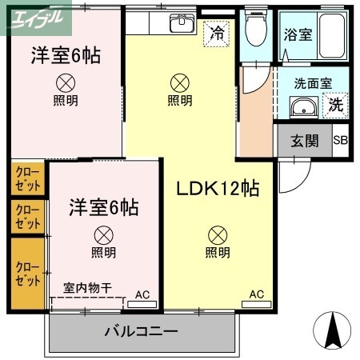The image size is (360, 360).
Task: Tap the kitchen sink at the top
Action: click(x=182, y=23)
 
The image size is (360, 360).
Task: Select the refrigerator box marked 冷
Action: click(x=217, y=34)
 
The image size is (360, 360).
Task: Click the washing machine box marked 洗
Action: click(x=334, y=104)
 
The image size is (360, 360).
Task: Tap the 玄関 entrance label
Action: click(x=304, y=141)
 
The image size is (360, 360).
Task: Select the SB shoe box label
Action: click(x=340, y=141)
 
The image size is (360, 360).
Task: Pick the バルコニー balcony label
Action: click(x=141, y=331)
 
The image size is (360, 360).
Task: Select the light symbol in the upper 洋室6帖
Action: click(x=66, y=82)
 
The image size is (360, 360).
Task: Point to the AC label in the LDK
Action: click(x=255, y=294)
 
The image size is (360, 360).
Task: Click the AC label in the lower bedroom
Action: click(x=142, y=294)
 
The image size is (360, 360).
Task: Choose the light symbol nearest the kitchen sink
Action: click(x=179, y=82)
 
